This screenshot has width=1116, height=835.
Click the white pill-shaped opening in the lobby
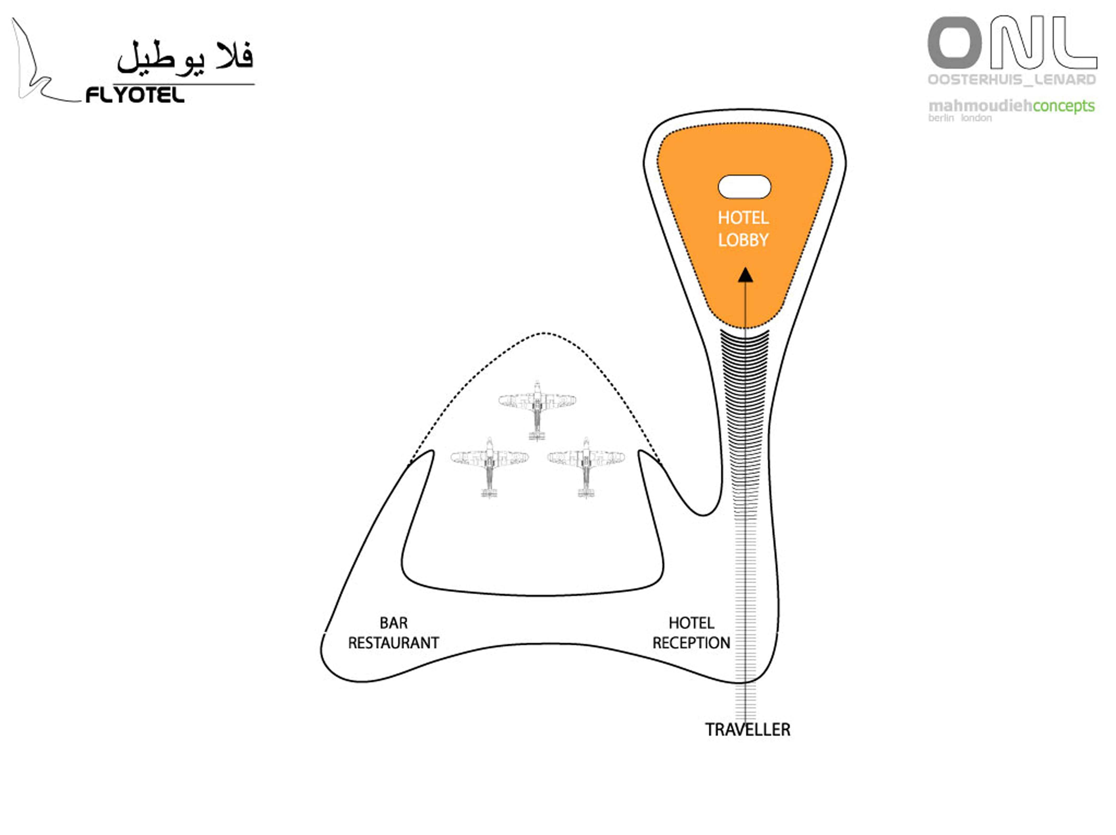744,187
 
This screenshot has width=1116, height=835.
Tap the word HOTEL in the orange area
743,218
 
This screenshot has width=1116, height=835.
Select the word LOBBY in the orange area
743,240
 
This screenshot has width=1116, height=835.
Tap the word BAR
393,623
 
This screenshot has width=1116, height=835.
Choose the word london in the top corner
976,118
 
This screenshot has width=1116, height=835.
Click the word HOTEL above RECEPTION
691,623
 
